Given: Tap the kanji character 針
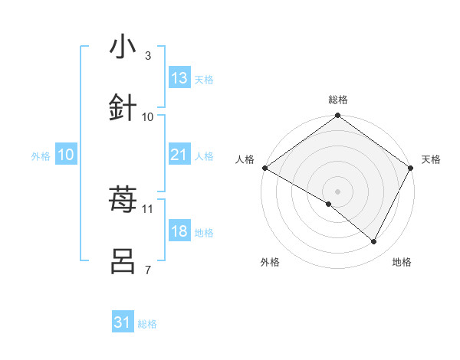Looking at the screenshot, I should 123,108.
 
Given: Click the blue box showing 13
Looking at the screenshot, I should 179,78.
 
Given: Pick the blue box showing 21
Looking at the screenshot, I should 179,155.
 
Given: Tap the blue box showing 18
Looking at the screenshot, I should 179,232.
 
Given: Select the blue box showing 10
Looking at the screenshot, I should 66,155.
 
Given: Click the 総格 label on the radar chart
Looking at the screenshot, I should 337,100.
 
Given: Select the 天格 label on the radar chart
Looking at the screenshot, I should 431,159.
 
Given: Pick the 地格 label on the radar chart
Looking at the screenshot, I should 402,262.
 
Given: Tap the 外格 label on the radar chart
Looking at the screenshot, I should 270,262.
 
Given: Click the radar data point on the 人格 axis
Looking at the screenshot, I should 264,168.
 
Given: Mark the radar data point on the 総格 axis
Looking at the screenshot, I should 337,116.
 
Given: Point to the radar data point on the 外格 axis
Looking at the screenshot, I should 329,204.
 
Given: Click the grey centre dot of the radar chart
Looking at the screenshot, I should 337,191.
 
